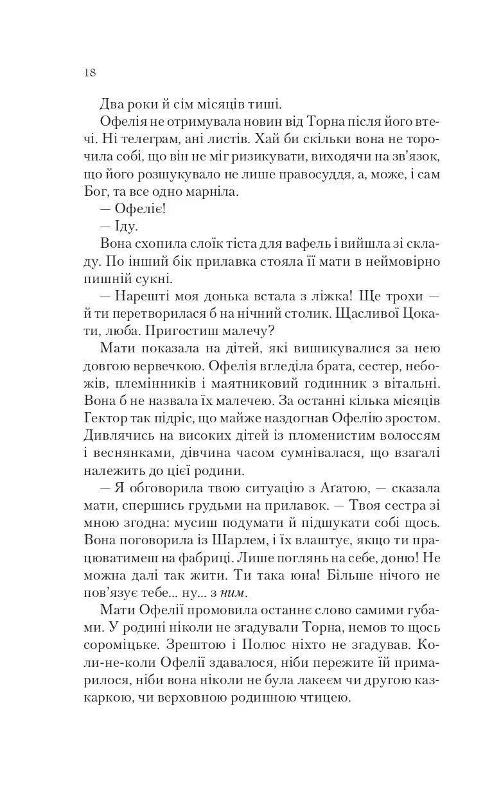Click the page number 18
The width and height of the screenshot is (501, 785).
pos(89,72)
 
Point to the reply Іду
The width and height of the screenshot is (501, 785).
pos(126,226)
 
